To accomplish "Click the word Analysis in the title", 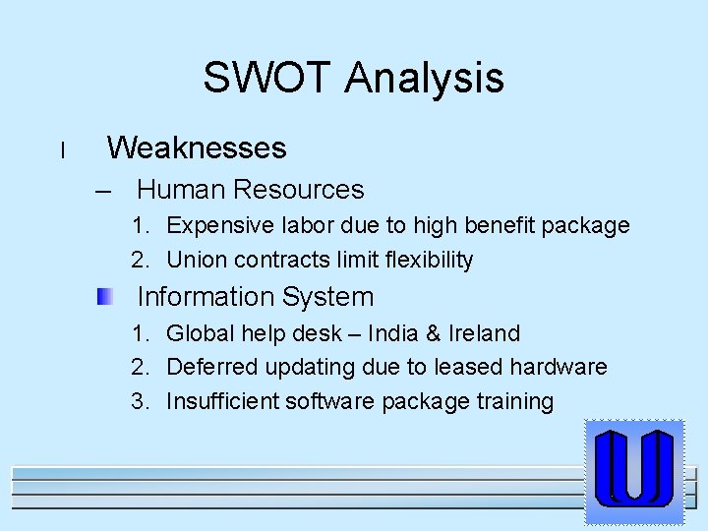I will click(x=424, y=78).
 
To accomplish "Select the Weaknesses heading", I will click(x=197, y=148).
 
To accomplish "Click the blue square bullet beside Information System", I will click(x=104, y=296).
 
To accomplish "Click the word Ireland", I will click(x=483, y=333).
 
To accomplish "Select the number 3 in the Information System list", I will click(x=139, y=401).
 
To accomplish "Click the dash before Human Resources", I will click(x=118, y=190).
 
